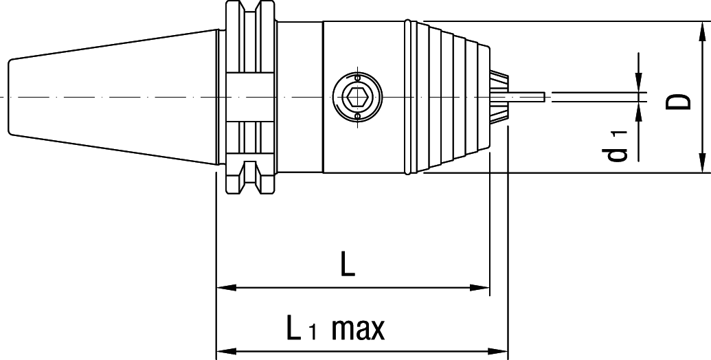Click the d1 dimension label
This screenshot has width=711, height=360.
[618, 146]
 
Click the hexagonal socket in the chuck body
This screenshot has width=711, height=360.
[357, 97]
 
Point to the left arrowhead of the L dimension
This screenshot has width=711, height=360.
[226, 287]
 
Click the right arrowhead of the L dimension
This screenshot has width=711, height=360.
[479, 287]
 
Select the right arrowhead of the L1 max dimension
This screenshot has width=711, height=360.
[498, 351]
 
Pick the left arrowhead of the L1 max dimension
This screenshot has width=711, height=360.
[226, 351]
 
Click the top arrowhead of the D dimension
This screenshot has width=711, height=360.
[702, 31]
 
